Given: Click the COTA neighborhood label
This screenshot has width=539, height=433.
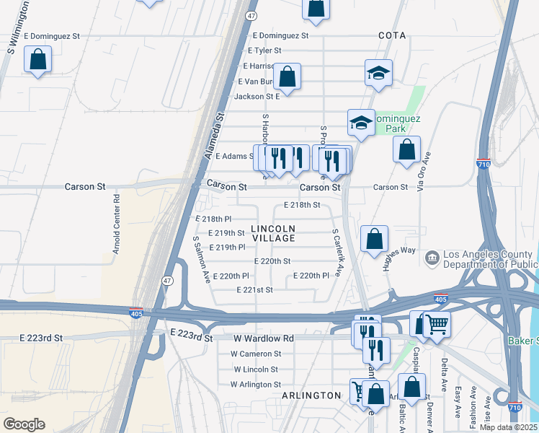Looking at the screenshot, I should (392, 35).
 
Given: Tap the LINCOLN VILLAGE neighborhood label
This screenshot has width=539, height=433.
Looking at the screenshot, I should (273, 233).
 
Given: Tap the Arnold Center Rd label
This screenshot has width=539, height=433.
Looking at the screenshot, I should (115, 224).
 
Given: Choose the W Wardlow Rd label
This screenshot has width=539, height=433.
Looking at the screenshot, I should (264, 338).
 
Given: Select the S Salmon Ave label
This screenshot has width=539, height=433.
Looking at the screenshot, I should (200, 258).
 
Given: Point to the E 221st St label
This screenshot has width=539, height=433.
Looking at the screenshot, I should (255, 289).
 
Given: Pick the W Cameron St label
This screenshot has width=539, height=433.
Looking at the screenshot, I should (256, 354).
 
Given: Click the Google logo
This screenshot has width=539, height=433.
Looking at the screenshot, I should (24, 424).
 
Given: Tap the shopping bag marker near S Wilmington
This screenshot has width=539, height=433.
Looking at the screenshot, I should (38, 61).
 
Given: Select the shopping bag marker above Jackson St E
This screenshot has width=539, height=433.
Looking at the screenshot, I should (287, 77).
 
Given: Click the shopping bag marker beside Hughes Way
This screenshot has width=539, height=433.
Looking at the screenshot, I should (374, 240).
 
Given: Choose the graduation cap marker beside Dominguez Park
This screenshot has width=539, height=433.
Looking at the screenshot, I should (361, 123).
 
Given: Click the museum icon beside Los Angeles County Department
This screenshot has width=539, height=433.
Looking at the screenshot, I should (432, 257).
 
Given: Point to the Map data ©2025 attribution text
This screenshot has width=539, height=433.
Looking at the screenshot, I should (508, 427).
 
